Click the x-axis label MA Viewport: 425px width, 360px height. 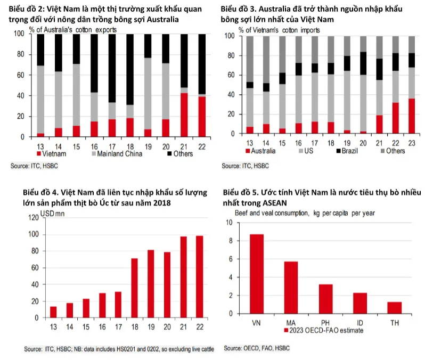click(x=290, y=322)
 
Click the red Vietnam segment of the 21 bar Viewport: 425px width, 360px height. click(x=184, y=114)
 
